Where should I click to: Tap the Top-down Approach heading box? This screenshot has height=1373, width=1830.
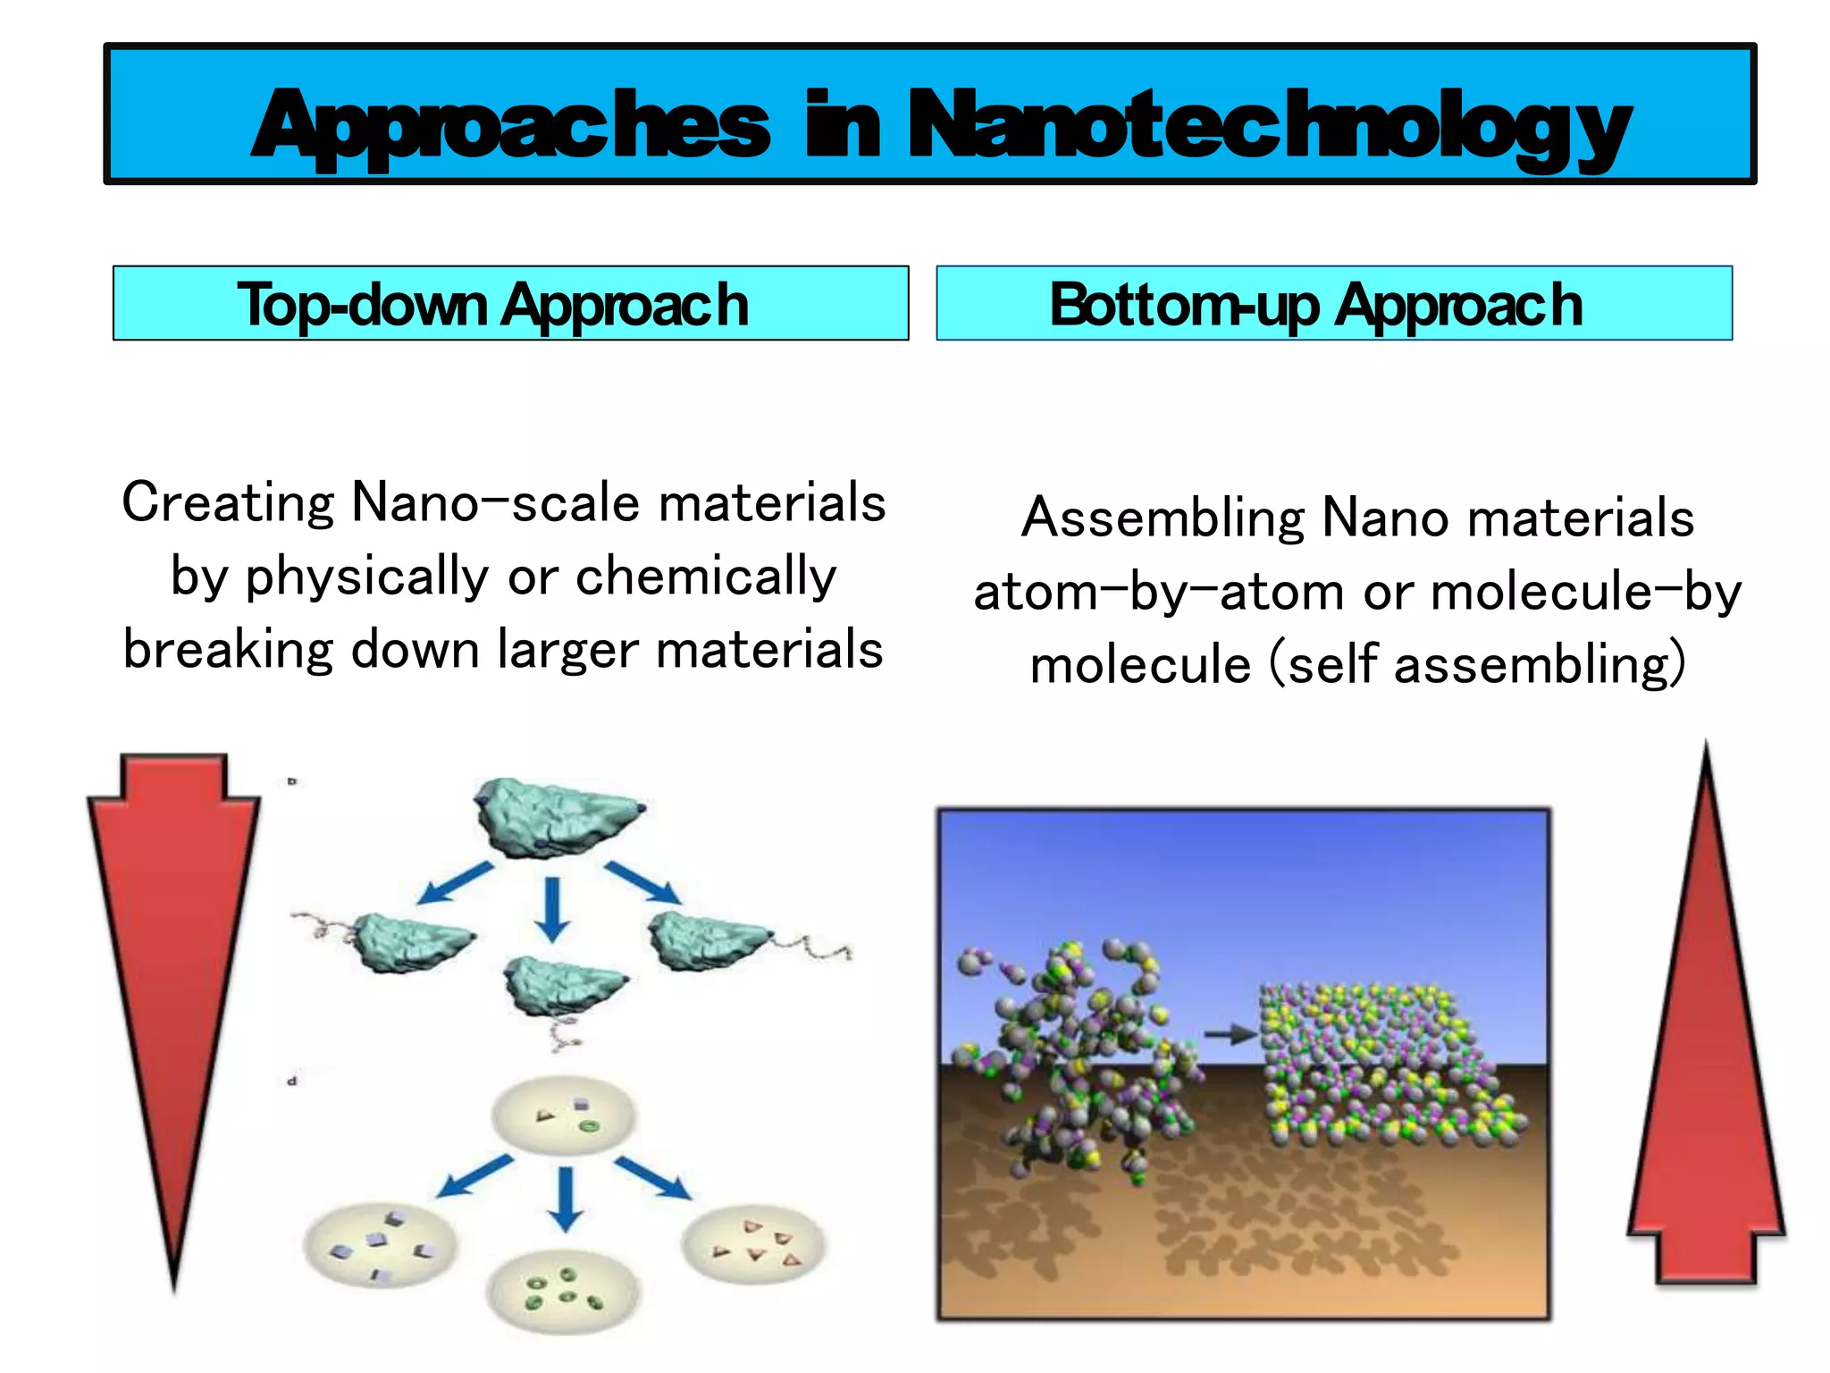tap(510, 304)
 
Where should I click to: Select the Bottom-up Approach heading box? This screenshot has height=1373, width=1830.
tap(1333, 304)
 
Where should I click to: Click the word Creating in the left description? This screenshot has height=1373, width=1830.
tap(227, 503)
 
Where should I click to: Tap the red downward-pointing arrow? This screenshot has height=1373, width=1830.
tap(173, 983)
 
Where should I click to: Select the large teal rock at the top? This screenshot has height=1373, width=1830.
tap(556, 816)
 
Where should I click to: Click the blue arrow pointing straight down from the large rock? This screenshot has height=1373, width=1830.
tap(552, 908)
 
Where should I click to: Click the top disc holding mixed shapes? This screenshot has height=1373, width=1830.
tap(563, 1117)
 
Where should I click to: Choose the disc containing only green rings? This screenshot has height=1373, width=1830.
tap(563, 1291)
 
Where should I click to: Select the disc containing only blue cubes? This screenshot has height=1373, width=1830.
tap(381, 1244)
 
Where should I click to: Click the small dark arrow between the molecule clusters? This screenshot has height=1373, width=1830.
tap(1230, 1035)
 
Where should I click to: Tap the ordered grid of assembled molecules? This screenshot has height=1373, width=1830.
tap(1385, 1064)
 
